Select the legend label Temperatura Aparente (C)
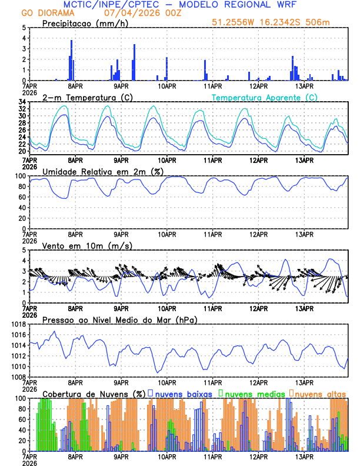pyautogui.click(x=264, y=97)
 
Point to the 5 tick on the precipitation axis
pyautogui.click(x=24, y=27)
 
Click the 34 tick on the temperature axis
pyautogui.click(x=22, y=102)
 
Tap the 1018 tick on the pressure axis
pyautogui.click(x=18, y=324)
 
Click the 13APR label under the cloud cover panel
pyautogui.click(x=304, y=457)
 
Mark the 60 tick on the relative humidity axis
pyautogui.click(x=22, y=197)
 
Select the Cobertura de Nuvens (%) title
pyautogui.click(x=94, y=394)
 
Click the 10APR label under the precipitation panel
pyautogui.click(x=167, y=86)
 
